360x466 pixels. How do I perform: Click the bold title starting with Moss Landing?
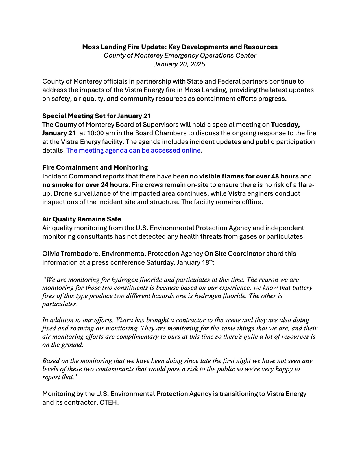tap(180, 47)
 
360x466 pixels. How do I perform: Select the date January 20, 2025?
tap(180, 64)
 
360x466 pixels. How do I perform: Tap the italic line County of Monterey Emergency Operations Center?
tap(180, 55)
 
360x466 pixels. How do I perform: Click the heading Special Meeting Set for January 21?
tap(97, 116)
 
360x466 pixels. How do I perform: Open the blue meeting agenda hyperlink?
tap(133, 150)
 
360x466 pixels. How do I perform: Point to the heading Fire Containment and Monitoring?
tap(95, 167)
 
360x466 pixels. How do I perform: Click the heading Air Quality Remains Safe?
tap(82, 219)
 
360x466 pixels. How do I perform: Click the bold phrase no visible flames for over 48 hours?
tap(244, 176)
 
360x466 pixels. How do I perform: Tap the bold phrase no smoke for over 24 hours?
tap(85, 185)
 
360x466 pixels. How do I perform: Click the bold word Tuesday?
tap(285, 125)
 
